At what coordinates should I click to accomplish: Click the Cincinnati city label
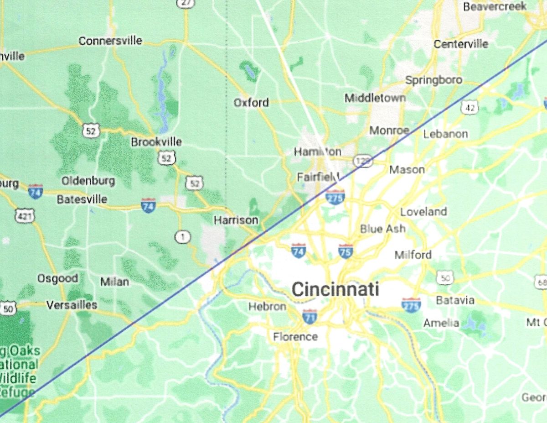335,289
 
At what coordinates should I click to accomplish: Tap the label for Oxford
251,103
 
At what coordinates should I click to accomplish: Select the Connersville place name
110,41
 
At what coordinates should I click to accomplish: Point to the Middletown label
375,98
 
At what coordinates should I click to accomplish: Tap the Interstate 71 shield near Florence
310,316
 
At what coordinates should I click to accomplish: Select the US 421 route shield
24,216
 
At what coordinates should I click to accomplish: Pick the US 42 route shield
469,108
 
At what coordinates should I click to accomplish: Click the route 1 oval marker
183,237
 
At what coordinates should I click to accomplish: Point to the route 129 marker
363,161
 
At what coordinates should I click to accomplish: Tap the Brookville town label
156,142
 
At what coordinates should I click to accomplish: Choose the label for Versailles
72,305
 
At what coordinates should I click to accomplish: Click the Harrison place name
236,220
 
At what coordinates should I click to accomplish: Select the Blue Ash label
382,229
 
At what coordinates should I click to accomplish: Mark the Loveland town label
423,212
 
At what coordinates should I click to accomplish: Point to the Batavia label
455,300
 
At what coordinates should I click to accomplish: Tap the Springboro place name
433,80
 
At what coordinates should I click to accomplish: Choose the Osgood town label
57,278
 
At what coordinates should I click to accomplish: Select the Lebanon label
445,134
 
